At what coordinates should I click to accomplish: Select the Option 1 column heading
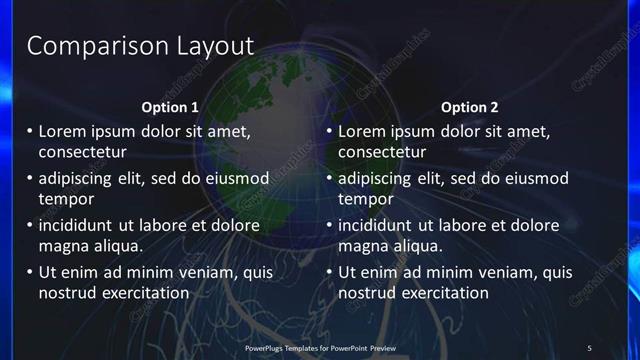click(169, 107)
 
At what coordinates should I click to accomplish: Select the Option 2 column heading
click(469, 107)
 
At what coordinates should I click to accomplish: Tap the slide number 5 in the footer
click(589, 348)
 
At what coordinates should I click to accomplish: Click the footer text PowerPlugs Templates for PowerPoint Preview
click(320, 348)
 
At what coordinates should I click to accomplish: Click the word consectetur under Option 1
click(82, 152)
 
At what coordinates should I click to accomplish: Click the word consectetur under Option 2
click(382, 152)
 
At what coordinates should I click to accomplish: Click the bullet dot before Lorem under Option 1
click(29, 131)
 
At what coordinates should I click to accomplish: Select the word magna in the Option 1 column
click(63, 245)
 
